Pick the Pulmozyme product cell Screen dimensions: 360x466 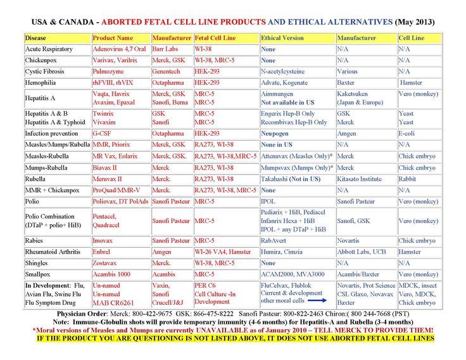109,72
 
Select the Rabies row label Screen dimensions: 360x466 34,241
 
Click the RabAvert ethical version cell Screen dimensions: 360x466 277,241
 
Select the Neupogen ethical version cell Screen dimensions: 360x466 278,134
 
